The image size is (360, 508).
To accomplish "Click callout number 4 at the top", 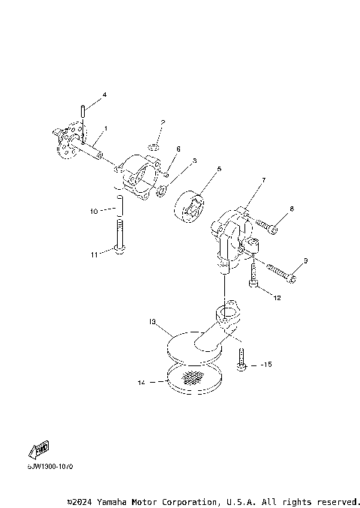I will (x=104, y=95).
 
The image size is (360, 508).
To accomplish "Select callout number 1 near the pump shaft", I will (x=105, y=129).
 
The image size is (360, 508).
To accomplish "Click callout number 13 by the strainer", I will (x=152, y=322).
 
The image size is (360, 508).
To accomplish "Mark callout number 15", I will (x=268, y=365).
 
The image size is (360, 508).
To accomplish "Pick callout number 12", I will (x=277, y=298).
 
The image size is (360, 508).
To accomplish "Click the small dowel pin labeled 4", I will (x=85, y=112).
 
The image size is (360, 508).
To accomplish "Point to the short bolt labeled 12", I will (x=253, y=280).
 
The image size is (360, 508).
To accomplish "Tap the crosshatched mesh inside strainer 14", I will (x=194, y=378).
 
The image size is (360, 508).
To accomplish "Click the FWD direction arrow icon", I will (x=39, y=450).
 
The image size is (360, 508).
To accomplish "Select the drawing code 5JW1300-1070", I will (x=52, y=466).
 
